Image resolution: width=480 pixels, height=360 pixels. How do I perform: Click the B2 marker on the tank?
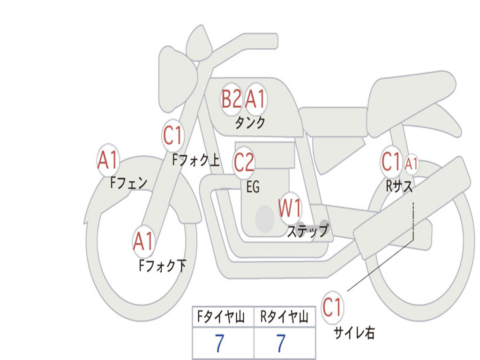click(232, 99)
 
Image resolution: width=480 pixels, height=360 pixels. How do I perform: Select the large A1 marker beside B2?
click(255, 99)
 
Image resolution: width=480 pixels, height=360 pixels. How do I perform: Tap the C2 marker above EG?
click(244, 162)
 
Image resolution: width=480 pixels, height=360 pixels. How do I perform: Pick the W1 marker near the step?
click(290, 208)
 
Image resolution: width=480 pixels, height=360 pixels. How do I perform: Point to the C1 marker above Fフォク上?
click(172, 135)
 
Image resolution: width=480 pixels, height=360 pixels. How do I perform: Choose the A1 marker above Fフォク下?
click(143, 241)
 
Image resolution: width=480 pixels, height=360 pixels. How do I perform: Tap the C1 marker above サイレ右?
click(332, 307)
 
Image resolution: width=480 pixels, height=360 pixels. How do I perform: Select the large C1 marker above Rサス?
click(391, 162)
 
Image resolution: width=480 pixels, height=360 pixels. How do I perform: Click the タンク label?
click(250, 123)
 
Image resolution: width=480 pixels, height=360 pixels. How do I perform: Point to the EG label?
click(253, 187)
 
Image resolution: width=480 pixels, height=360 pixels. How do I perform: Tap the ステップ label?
click(307, 231)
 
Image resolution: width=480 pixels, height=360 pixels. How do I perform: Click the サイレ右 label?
click(354, 333)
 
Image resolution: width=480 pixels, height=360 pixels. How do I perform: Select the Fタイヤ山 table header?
click(221, 316)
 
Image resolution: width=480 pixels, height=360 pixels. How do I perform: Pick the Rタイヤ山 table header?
click(284, 316)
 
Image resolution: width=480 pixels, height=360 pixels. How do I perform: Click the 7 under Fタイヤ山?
click(219, 343)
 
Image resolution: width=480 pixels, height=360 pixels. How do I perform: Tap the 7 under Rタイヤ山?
click(281, 343)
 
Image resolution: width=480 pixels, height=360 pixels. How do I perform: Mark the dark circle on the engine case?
click(265, 219)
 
